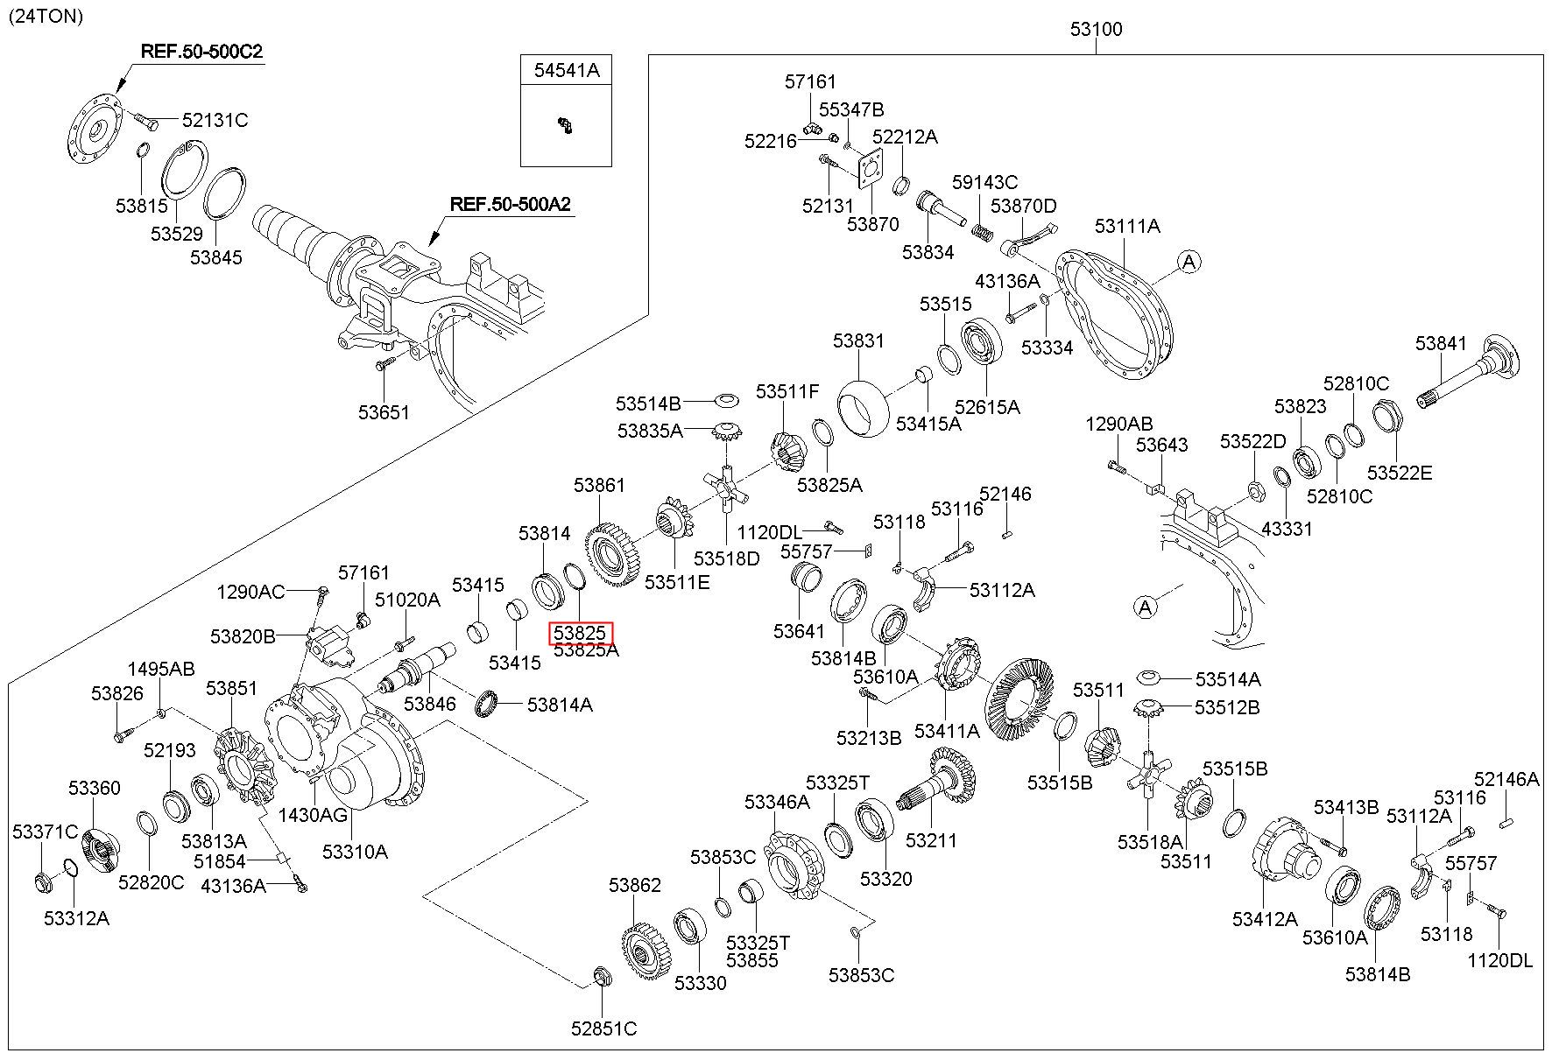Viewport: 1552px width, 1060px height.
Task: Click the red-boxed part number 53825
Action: click(581, 633)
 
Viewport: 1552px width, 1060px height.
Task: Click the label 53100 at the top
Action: click(1096, 29)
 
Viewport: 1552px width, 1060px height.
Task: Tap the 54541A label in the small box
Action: click(567, 71)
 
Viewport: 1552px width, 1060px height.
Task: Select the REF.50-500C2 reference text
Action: click(201, 52)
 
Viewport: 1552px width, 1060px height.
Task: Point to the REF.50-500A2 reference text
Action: click(511, 205)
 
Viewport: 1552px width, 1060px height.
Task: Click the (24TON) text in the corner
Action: click(46, 16)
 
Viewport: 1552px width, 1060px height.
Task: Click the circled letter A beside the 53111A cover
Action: click(1189, 261)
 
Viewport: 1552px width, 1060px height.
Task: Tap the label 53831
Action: click(858, 340)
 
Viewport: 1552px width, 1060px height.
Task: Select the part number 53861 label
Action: click(600, 484)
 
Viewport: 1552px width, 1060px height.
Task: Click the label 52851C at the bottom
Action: click(604, 1028)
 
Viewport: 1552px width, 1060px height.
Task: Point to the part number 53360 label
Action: click(95, 789)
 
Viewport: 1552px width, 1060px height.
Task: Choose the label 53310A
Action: click(355, 852)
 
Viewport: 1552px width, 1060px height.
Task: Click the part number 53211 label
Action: click(931, 840)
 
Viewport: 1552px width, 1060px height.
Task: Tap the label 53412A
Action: click(1265, 918)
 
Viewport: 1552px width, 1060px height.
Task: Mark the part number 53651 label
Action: click(384, 411)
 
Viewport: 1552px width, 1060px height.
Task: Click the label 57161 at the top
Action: click(810, 81)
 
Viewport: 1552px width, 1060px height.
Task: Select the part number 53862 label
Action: click(635, 885)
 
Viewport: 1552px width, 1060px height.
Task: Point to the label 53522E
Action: click(1400, 473)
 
